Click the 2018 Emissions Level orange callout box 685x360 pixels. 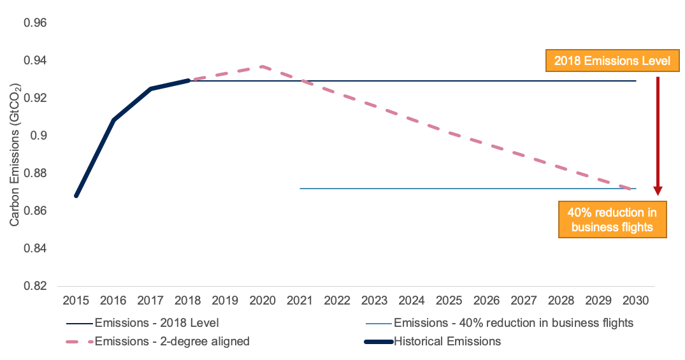pyautogui.click(x=612, y=61)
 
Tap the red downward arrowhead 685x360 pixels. pyautogui.click(x=658, y=191)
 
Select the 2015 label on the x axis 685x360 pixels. pyautogui.click(x=76, y=299)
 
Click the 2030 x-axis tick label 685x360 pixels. pyautogui.click(x=635, y=299)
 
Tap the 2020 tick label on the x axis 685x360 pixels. pyautogui.click(x=262, y=299)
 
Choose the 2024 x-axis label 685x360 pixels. pyautogui.click(x=412, y=299)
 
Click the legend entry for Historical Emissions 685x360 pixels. pyautogui.click(x=447, y=342)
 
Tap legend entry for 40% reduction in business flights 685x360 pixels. pyautogui.click(x=514, y=322)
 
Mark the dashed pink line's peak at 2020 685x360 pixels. pyautogui.click(x=262, y=66)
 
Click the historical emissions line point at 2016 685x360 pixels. pyautogui.click(x=113, y=120)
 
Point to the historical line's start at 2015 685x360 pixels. pyautogui.click(x=76, y=196)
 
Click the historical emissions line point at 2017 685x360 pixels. pyautogui.click(x=150, y=89)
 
